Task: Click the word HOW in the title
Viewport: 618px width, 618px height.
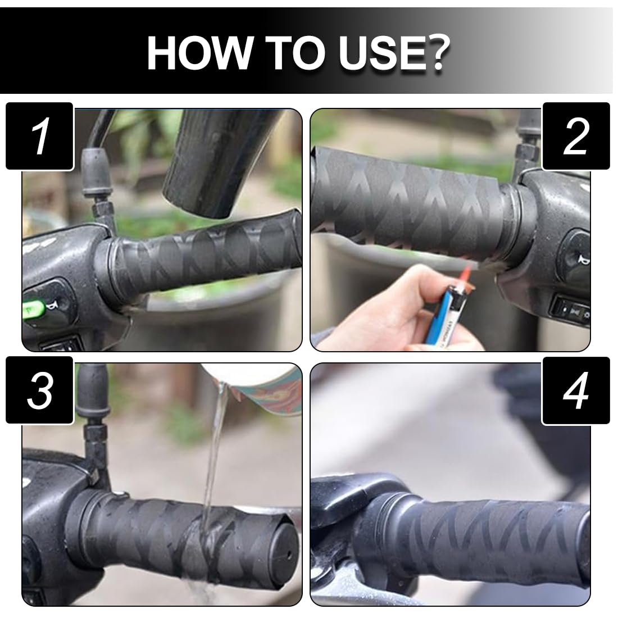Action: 199,53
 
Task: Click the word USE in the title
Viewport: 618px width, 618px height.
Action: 378,53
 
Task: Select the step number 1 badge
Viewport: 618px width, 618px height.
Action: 40,136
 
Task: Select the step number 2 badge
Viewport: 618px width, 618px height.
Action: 576,136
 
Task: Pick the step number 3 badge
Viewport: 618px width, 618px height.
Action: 40,390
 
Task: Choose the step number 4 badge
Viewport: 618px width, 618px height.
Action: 576,390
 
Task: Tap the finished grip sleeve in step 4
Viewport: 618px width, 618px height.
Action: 489,546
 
